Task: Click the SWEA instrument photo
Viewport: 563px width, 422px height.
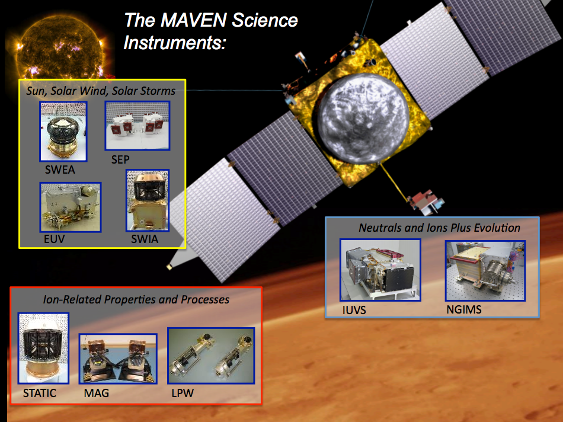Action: point(63,132)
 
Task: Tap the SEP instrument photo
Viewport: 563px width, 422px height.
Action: point(137,126)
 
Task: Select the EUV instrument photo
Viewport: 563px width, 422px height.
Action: point(71,207)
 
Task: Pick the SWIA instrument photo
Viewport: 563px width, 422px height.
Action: point(148,200)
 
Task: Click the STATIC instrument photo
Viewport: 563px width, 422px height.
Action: point(43,348)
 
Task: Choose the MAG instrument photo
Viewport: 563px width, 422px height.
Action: point(118,359)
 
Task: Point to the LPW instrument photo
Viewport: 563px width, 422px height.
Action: point(211,355)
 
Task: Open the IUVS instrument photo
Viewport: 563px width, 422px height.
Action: point(380,270)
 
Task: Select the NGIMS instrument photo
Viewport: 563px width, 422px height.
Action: point(485,270)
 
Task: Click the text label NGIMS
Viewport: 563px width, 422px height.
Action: point(464,309)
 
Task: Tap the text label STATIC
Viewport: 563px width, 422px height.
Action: point(40,394)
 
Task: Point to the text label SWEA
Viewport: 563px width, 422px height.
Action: point(60,170)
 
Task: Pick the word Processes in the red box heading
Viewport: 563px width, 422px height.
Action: point(205,299)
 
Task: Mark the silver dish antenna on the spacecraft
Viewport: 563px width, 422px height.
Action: point(363,118)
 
